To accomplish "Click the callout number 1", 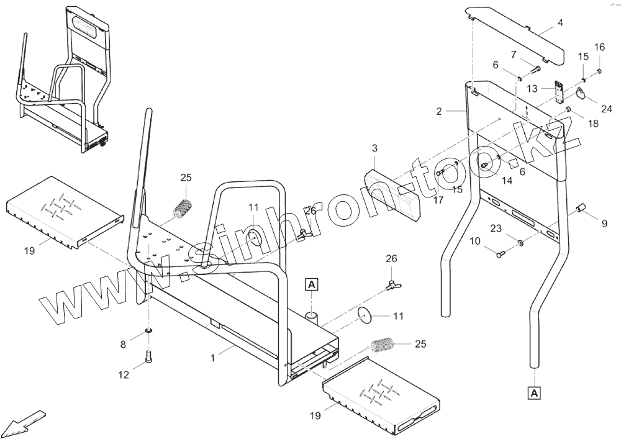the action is [x=213, y=358].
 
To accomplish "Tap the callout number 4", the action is [x=560, y=23].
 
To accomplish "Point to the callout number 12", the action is [x=124, y=374].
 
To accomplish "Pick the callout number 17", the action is [x=438, y=200].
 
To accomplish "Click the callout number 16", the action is [x=599, y=47].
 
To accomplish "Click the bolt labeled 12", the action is [x=148, y=356].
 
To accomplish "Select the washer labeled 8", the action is [x=148, y=330].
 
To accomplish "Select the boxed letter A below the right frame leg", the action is [x=534, y=392].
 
